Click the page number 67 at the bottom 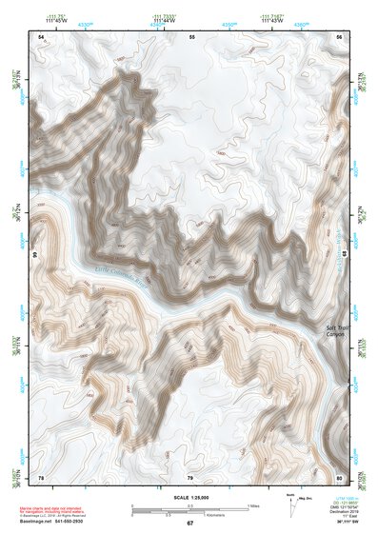tap(189, 524)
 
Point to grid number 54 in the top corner tap(41, 36)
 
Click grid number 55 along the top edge tap(191, 36)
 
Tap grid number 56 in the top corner tap(338, 36)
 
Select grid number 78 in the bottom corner tap(41, 477)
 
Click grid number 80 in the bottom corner tap(339, 477)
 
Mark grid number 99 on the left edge tap(34, 255)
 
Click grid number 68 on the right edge tap(346, 255)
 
